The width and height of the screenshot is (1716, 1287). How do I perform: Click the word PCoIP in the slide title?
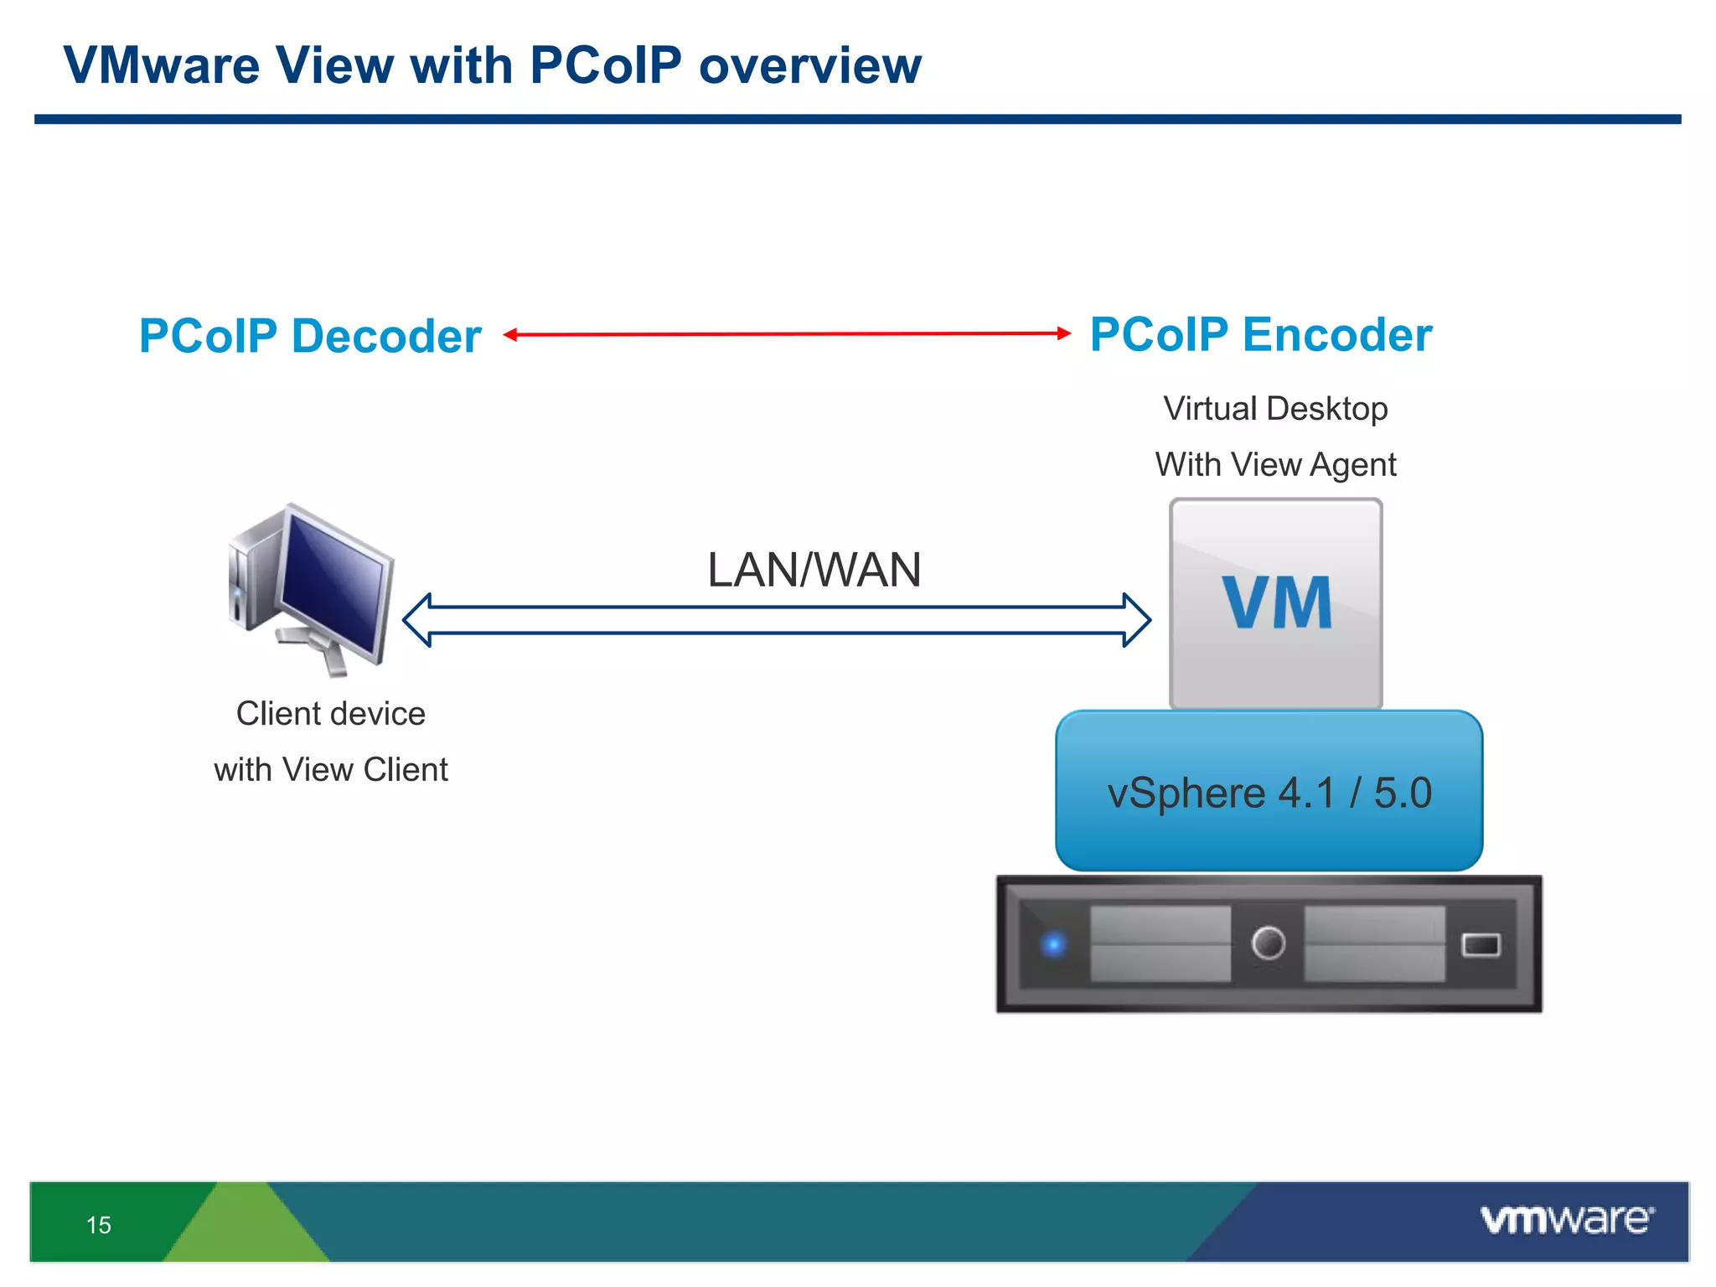tap(605, 65)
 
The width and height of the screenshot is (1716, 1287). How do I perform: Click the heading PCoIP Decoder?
tap(310, 336)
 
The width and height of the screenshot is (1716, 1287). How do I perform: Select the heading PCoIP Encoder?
tap(1260, 334)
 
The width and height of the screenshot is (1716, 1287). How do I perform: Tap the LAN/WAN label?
tap(814, 571)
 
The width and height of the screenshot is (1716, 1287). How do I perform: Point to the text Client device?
tap(330, 714)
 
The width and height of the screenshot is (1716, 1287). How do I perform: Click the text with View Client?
tap(330, 769)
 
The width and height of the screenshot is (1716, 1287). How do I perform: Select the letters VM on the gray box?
tap(1276, 602)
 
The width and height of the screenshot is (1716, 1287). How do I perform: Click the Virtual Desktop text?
tap(1275, 409)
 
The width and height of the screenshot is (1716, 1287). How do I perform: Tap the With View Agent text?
tap(1275, 465)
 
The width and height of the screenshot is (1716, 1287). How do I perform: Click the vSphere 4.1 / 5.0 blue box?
tap(1269, 792)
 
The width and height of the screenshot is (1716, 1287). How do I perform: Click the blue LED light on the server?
tap(1053, 944)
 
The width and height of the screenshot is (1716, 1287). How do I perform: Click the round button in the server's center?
tap(1268, 943)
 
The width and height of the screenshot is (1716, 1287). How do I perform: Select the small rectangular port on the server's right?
tap(1481, 945)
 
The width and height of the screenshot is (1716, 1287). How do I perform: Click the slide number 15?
tap(99, 1225)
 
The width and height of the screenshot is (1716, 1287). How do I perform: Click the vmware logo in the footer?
tap(1566, 1220)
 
